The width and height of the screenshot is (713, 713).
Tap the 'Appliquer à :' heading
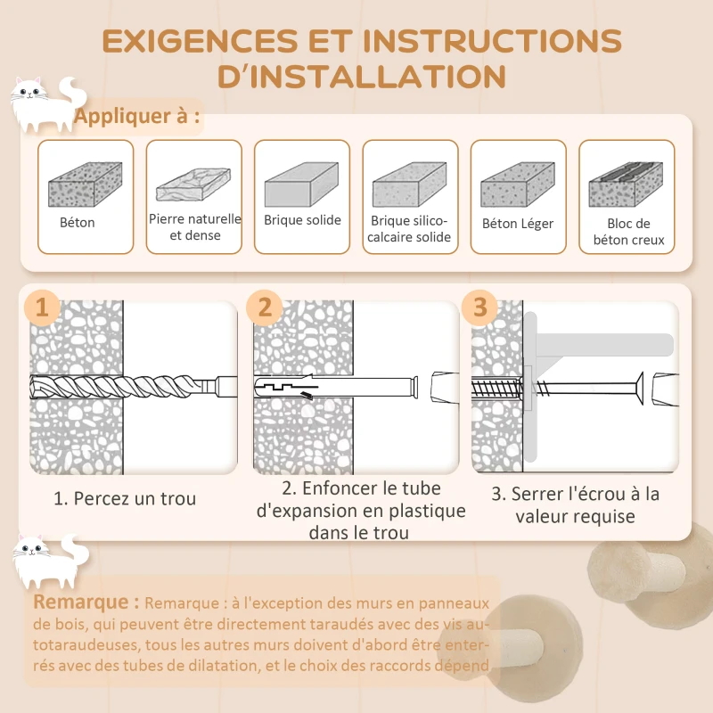coord(137,117)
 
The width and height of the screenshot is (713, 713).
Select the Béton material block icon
coord(85,184)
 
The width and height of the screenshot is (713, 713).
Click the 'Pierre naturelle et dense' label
coord(194,226)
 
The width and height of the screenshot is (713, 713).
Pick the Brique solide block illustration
coord(301,184)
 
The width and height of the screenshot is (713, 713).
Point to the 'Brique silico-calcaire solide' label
coord(410,229)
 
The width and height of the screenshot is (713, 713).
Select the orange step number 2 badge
coord(265,307)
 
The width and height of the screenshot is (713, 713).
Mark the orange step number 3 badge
coord(480,307)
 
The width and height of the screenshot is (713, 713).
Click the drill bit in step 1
coord(125,387)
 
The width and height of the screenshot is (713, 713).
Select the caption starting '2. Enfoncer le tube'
coord(360,511)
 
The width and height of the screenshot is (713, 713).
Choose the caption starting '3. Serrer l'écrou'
coord(575,504)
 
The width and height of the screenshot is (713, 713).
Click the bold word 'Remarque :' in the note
coord(86,602)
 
